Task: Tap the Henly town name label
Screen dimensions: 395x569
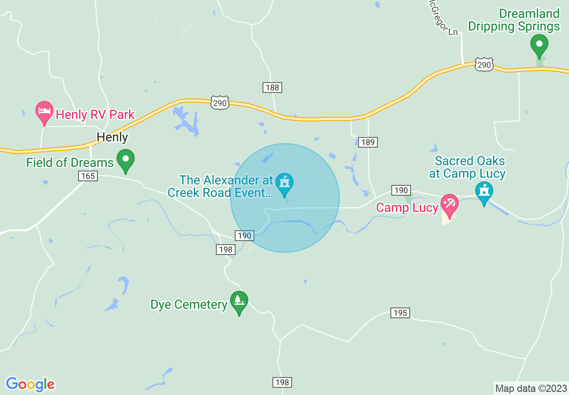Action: point(112,137)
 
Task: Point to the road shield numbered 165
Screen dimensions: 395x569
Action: point(88,176)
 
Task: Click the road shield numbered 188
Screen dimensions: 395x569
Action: point(272,88)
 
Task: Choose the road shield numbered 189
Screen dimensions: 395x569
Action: point(368,142)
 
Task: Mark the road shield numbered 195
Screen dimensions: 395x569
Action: point(400,313)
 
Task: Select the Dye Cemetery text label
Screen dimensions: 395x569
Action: point(189,305)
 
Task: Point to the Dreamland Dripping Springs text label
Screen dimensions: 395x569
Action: point(514,20)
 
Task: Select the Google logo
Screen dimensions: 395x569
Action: point(30,384)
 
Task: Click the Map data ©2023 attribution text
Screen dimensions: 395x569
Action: point(530,388)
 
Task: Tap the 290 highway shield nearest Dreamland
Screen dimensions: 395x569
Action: point(484,65)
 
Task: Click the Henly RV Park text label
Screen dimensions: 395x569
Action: point(95,114)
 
